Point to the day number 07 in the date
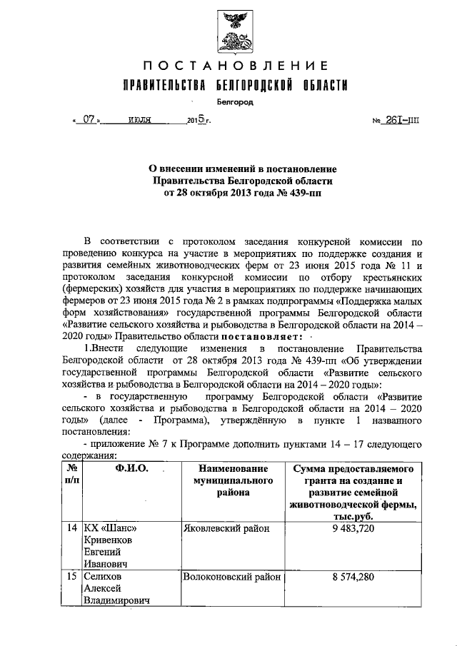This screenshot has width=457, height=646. [89, 121]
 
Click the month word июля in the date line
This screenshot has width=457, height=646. [139, 121]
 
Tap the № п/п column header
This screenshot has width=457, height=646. [71, 475]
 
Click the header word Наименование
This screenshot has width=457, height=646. [233, 469]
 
